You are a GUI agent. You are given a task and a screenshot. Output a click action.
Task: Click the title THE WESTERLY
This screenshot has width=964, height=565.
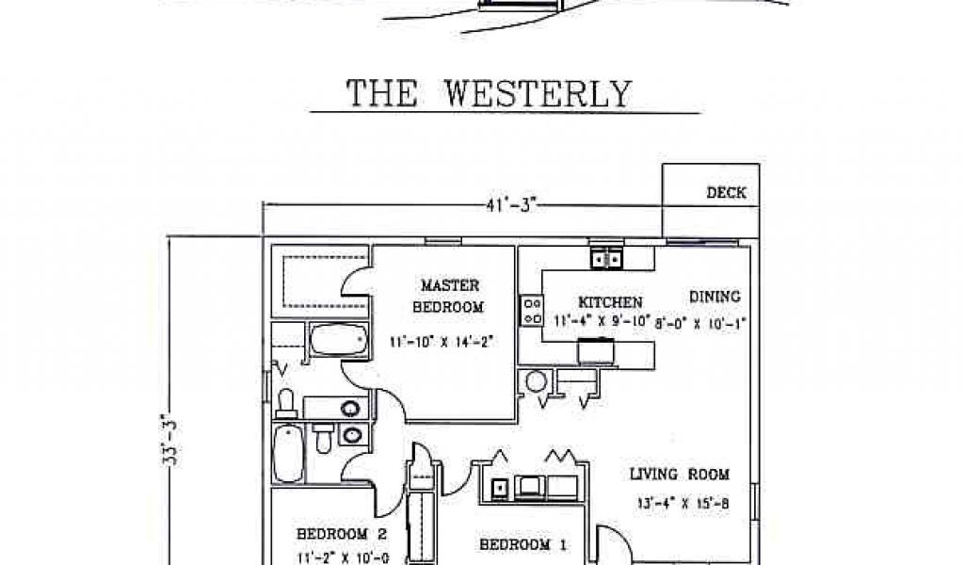(x=489, y=93)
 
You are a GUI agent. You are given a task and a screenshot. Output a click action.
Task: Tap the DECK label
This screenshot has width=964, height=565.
(x=726, y=193)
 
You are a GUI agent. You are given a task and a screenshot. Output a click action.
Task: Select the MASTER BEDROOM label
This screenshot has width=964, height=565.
(x=450, y=295)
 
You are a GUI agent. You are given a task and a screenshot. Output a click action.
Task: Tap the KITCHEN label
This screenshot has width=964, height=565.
(x=610, y=302)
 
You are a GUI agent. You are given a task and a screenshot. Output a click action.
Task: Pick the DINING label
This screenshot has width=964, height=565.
(x=715, y=296)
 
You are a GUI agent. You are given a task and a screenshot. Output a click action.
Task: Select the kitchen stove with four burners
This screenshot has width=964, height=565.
(x=532, y=311)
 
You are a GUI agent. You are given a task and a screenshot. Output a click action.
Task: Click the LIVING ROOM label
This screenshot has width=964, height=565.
(x=680, y=475)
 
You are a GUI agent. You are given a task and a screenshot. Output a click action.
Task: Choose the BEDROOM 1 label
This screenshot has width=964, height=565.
(x=523, y=544)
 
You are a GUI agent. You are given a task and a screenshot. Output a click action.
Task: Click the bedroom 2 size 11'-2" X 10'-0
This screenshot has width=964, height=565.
(x=329, y=557)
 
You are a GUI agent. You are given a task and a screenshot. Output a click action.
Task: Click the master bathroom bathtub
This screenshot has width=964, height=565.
(x=338, y=341)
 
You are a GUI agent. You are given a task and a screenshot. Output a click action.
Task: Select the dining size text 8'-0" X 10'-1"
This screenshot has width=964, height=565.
(x=704, y=323)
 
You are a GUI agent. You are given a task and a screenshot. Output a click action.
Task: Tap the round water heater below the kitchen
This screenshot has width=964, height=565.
(x=537, y=381)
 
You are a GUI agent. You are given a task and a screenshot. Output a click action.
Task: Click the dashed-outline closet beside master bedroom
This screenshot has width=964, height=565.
(x=319, y=280)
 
